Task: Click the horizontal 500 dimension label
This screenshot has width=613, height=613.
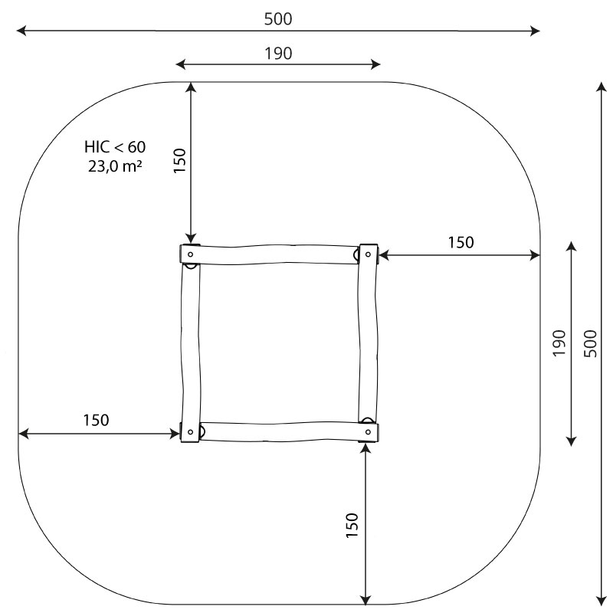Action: [x=278, y=19]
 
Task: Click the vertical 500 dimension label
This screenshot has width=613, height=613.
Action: [x=590, y=343]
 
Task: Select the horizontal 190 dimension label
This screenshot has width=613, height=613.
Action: [x=278, y=54]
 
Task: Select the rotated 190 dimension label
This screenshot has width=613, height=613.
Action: [x=559, y=343]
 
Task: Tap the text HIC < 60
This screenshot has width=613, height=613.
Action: [x=115, y=147]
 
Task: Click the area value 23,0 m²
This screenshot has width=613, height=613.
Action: [x=114, y=166]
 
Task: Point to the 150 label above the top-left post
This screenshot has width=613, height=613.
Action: [x=179, y=161]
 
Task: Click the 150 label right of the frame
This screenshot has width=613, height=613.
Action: [x=461, y=243]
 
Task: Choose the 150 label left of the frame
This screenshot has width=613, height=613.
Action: [x=97, y=420]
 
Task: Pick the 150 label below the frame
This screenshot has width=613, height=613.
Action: [x=352, y=526]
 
